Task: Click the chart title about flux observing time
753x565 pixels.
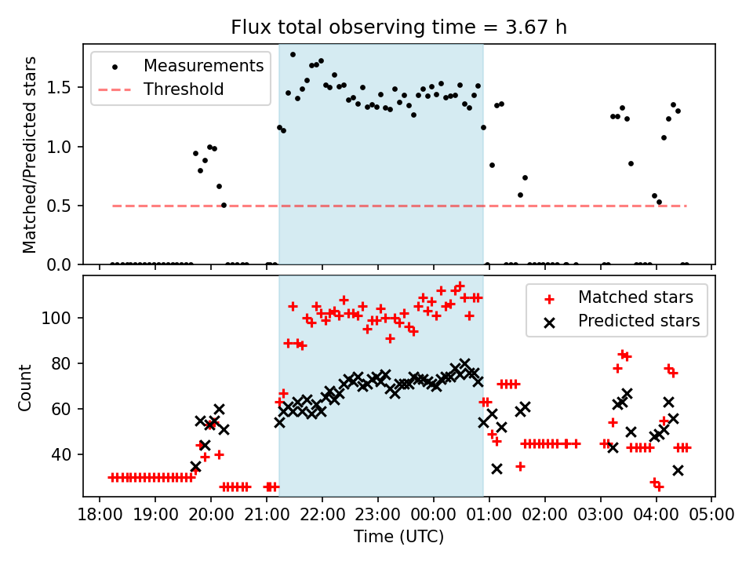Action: coord(398,27)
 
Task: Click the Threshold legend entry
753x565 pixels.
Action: coord(184,89)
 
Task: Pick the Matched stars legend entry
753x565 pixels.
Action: coord(635,297)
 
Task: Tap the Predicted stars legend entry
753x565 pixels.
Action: coord(638,321)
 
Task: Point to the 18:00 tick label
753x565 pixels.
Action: coord(99,516)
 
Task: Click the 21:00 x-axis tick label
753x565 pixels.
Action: coord(267,516)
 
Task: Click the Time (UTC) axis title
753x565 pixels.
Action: coord(398,537)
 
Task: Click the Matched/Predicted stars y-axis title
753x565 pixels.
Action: coord(30,155)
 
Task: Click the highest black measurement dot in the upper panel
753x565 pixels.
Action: coord(293,55)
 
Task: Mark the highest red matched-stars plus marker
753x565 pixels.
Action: coord(460,286)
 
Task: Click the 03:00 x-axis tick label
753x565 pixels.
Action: coord(601,516)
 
